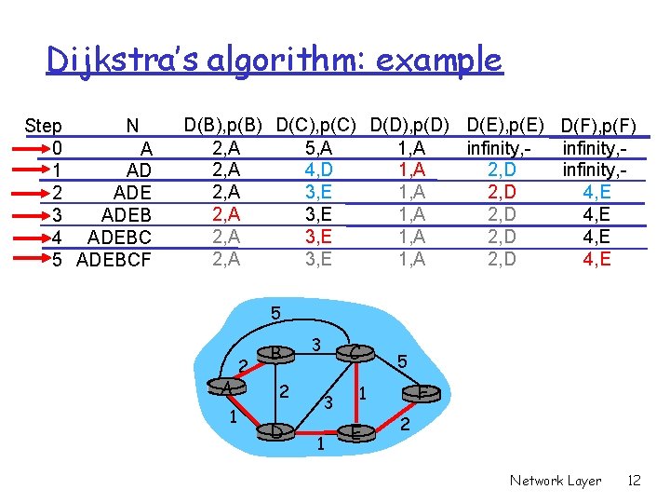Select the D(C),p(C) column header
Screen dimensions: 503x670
[317, 124]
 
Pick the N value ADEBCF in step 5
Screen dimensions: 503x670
[114, 259]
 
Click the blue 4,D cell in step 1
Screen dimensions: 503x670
[317, 170]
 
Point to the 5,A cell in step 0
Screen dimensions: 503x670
[317, 147]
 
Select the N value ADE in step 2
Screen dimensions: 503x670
[131, 193]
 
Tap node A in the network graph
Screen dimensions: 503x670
[226, 387]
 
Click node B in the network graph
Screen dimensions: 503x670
[276, 353]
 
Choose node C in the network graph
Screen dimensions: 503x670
[355, 352]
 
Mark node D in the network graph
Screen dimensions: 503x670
[276, 431]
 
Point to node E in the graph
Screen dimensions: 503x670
[355, 432]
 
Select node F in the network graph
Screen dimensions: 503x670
[422, 393]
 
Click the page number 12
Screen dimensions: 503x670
[634, 481]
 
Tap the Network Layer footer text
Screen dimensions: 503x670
[555, 481]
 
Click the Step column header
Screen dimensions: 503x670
[44, 125]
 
